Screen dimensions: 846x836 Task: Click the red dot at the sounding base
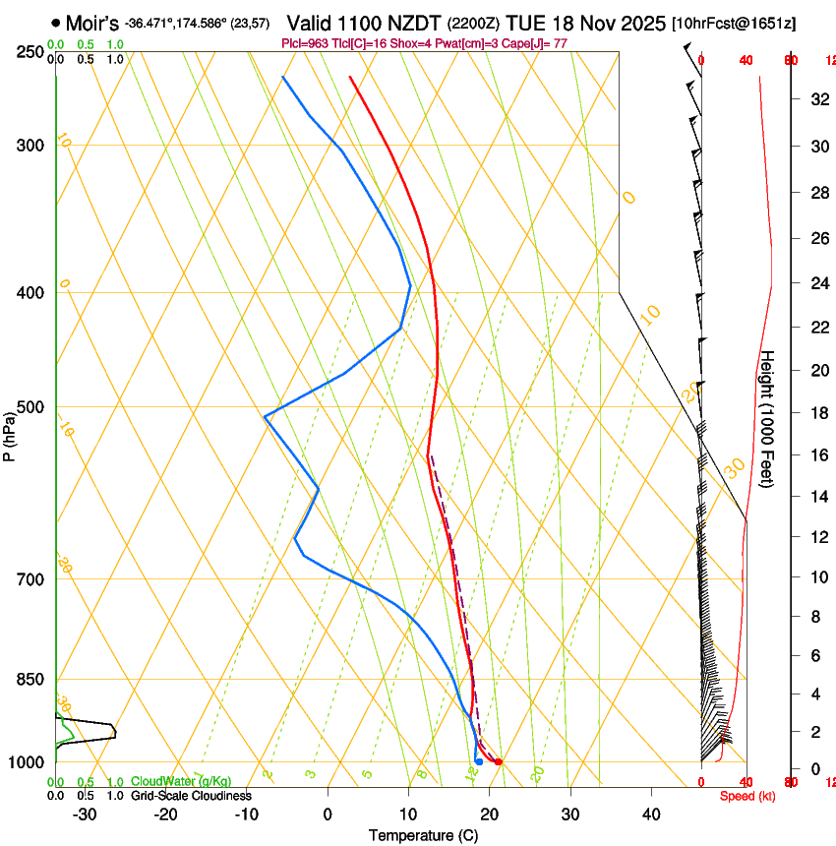[x=499, y=761]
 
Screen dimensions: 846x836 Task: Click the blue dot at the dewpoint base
[x=479, y=761]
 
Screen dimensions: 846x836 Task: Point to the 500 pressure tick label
[x=31, y=407]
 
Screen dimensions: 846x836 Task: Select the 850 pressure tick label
[x=31, y=680]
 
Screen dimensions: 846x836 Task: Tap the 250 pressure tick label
[x=31, y=51]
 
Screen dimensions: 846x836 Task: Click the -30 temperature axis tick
[x=85, y=815]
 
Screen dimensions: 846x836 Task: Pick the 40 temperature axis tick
[x=651, y=815]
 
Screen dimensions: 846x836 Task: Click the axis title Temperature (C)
[x=423, y=835]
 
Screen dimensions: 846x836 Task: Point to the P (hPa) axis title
[x=9, y=432]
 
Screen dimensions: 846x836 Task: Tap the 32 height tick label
[x=816, y=98]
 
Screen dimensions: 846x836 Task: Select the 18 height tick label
[x=816, y=412]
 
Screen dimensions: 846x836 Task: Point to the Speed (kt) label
[x=747, y=796]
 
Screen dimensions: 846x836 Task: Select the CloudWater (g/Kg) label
[x=181, y=782]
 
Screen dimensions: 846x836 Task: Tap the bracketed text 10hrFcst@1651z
[x=734, y=23]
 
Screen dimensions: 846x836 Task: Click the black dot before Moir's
[x=55, y=22]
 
